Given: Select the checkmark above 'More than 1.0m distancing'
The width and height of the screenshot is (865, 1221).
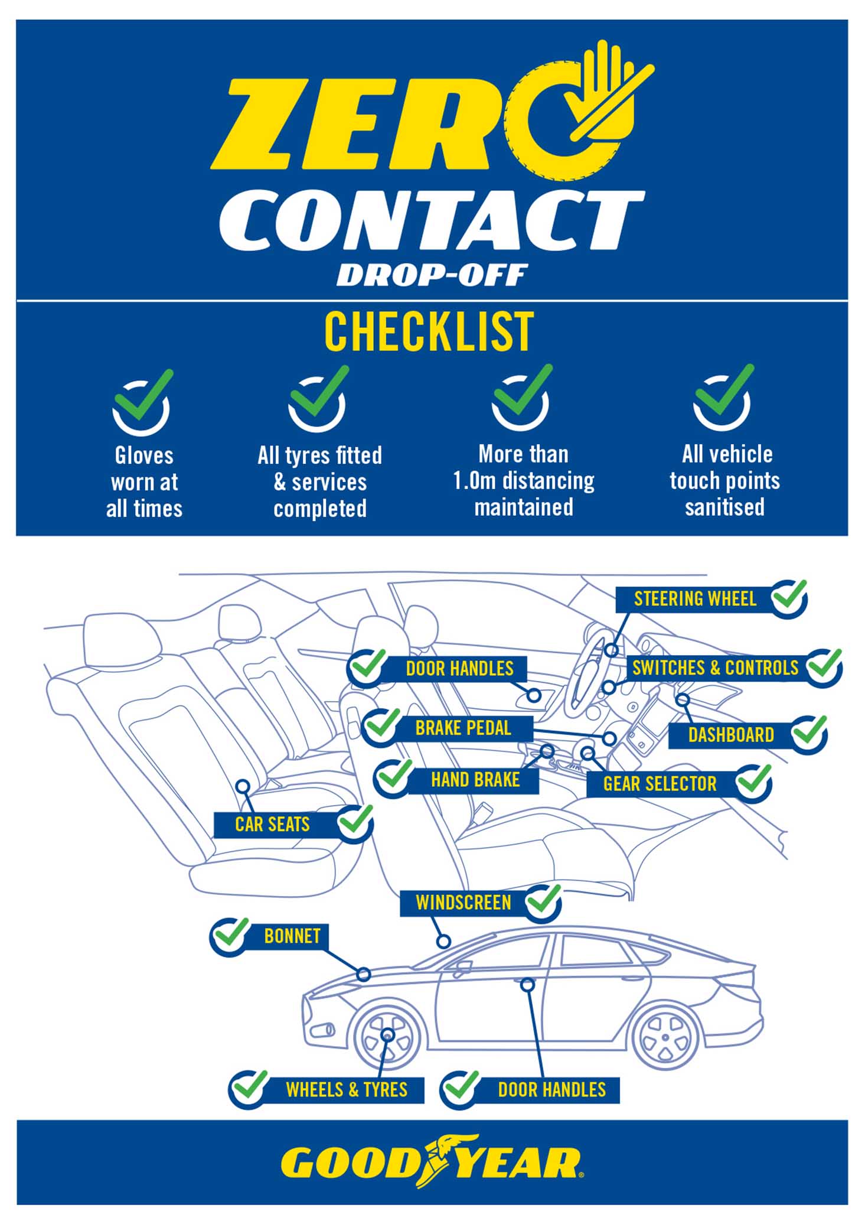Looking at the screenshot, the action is (x=522, y=396).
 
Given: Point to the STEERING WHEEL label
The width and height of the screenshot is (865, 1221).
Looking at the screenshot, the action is (x=695, y=599).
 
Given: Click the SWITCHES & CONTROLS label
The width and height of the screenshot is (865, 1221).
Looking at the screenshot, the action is (x=715, y=668).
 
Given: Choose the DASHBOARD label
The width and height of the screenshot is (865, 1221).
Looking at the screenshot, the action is (x=731, y=735).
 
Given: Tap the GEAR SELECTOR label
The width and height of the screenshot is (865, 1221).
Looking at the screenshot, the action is (x=660, y=784).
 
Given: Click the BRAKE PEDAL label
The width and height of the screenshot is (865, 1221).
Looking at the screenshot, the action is (x=463, y=728).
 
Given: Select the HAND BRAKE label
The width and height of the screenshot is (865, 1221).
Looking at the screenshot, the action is (x=475, y=780).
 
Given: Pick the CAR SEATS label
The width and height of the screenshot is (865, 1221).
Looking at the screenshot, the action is (x=272, y=824).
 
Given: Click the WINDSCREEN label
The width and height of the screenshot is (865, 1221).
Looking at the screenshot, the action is (x=463, y=903).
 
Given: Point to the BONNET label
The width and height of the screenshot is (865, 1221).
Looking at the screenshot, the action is (x=292, y=936).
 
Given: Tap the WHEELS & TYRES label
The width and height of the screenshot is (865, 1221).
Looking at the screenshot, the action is (x=347, y=1089).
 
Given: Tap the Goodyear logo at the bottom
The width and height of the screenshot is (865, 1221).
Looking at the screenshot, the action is (x=432, y=1161).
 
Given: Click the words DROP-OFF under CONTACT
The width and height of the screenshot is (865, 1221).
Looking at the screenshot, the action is (x=432, y=275).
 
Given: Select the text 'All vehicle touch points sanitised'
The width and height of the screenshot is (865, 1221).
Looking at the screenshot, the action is (x=725, y=481).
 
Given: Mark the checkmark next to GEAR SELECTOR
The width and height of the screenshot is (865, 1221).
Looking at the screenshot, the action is (x=754, y=783).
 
